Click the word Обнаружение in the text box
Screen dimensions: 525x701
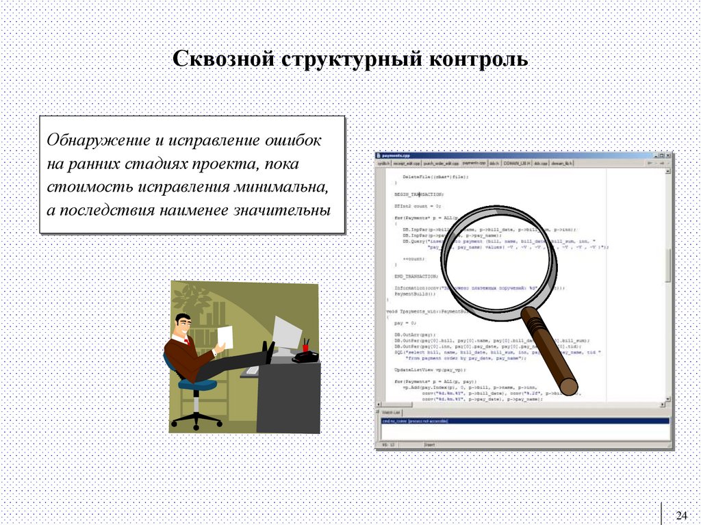tap(98, 140)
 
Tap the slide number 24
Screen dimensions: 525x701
tap(681, 515)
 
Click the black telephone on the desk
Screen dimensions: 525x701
tap(305, 356)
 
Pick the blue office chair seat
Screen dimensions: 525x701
tap(196, 385)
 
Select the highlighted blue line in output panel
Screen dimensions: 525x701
tap(524, 421)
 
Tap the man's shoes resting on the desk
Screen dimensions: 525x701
tap(269, 352)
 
